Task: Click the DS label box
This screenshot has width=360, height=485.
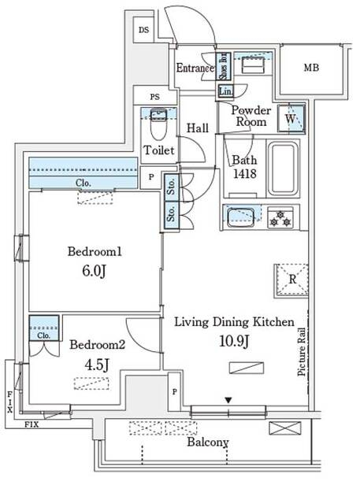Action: pyautogui.click(x=143, y=31)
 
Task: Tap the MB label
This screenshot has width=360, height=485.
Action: pyautogui.click(x=313, y=68)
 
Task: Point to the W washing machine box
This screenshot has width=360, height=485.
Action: pyautogui.click(x=291, y=119)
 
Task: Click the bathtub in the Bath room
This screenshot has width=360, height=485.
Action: pyautogui.click(x=283, y=169)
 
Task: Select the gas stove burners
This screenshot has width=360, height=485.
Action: pyautogui.click(x=279, y=217)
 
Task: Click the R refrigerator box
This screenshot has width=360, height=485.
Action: pyautogui.click(x=291, y=279)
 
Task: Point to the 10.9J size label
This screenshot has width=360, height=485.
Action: pyautogui.click(x=234, y=341)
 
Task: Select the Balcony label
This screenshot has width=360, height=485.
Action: pyautogui.click(x=208, y=443)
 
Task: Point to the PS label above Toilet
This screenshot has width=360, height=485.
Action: pyautogui.click(x=155, y=97)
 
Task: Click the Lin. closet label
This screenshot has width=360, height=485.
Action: pyautogui.click(x=225, y=92)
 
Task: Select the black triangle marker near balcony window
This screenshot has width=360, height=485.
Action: pyautogui.click(x=228, y=401)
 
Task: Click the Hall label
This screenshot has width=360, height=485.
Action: pyautogui.click(x=198, y=127)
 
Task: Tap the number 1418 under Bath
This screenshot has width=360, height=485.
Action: pyautogui.click(x=243, y=175)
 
